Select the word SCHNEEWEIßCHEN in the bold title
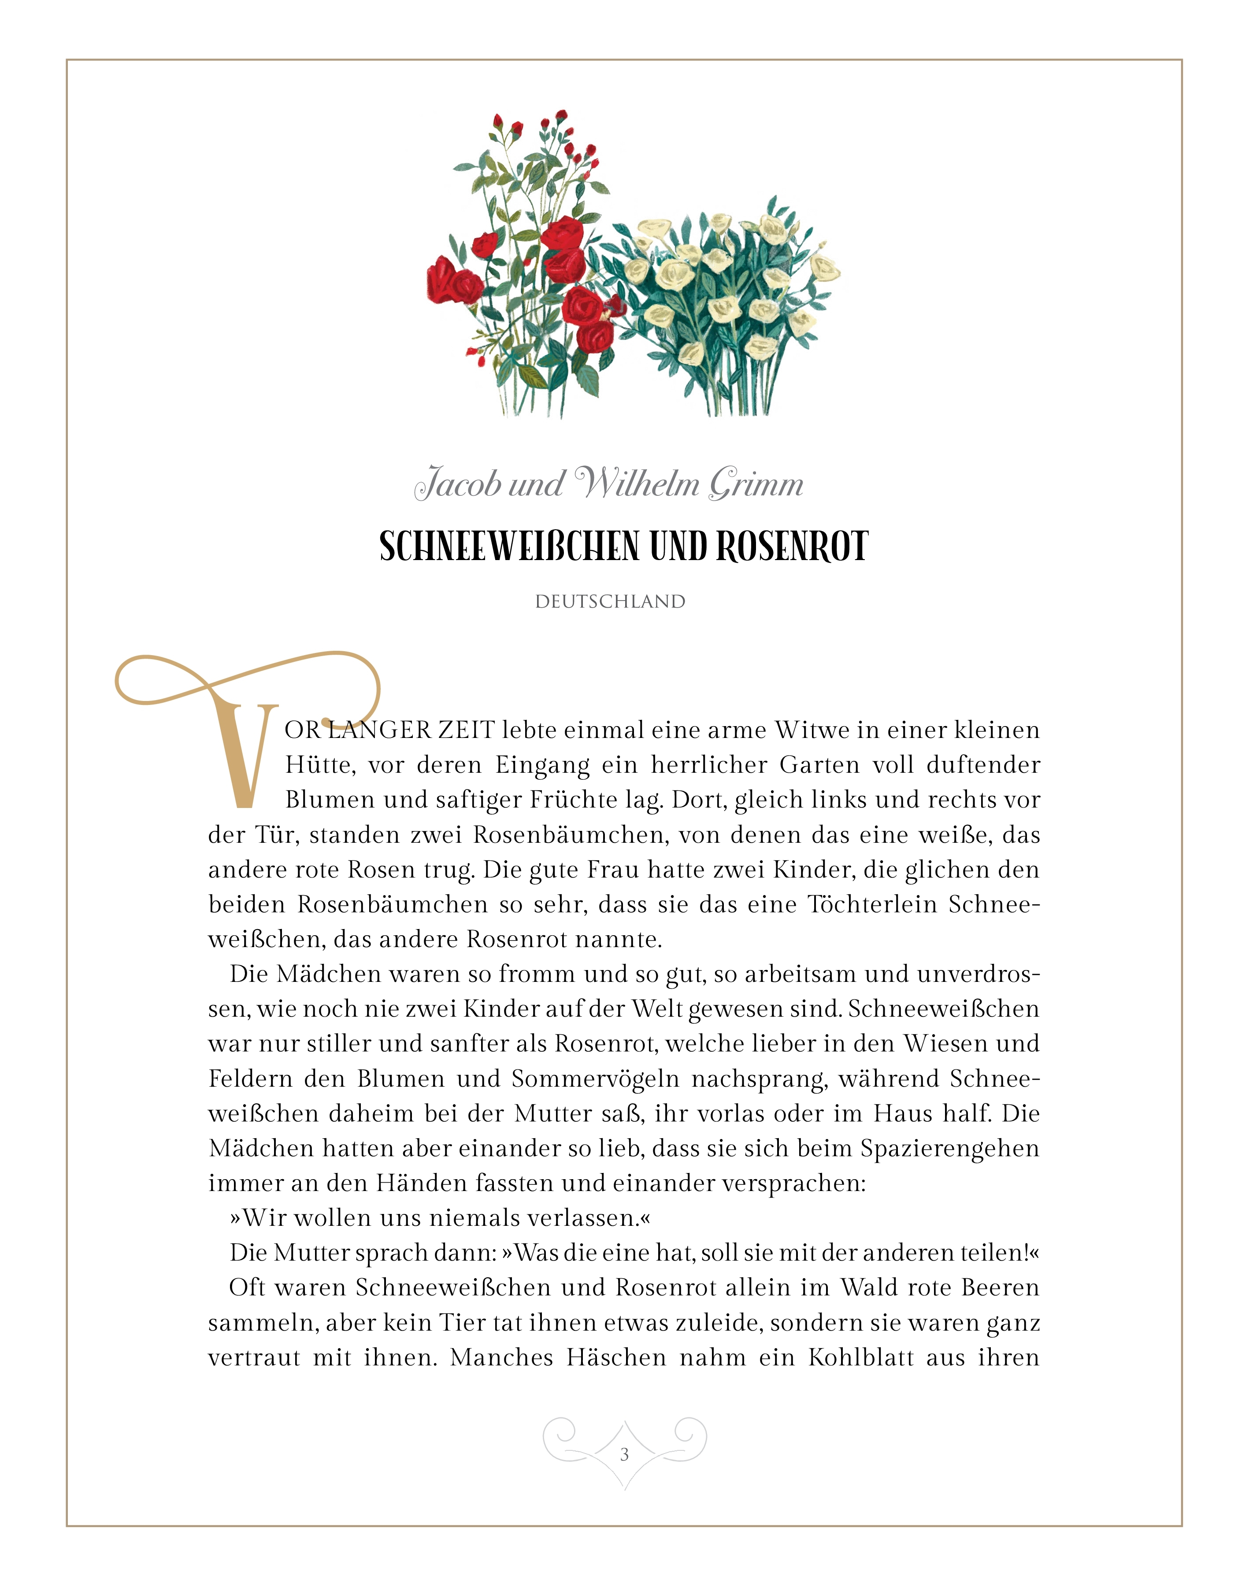point(509,546)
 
